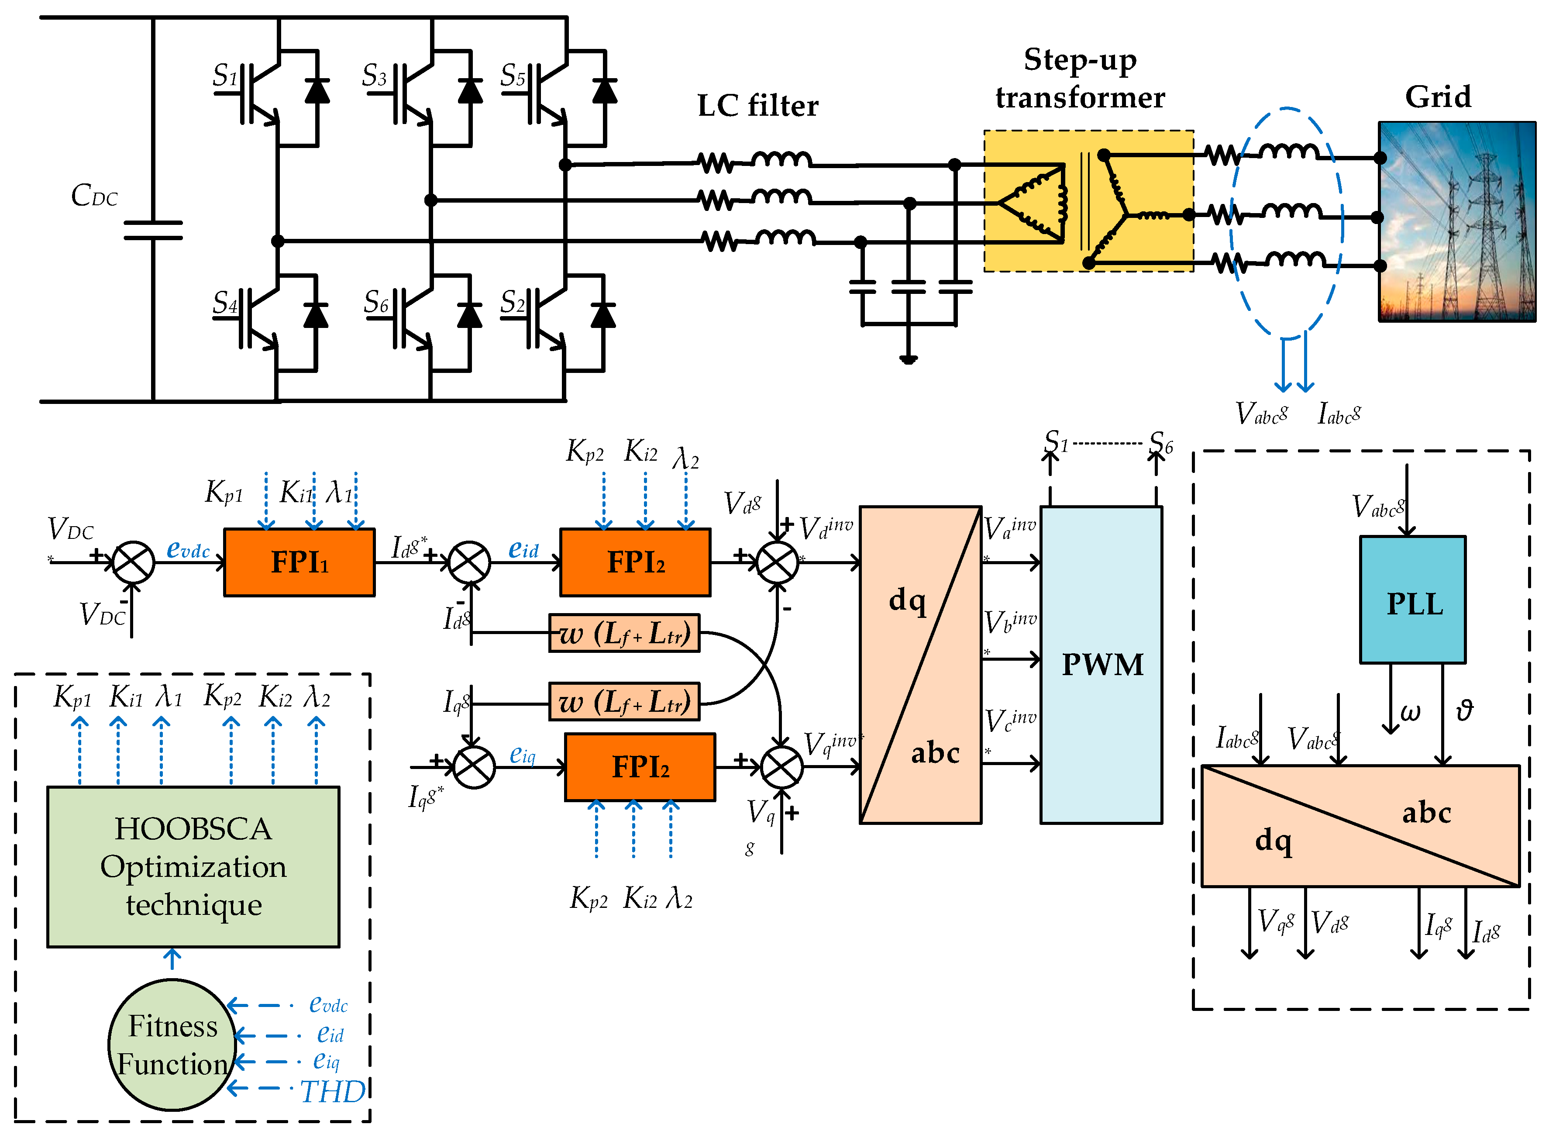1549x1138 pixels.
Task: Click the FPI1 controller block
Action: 299,562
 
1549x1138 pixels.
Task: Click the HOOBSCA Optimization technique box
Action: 193,866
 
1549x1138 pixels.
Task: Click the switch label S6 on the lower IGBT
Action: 376,302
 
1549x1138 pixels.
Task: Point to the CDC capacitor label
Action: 94,196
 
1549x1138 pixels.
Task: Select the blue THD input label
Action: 333,1092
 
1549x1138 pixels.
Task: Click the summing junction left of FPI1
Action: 133,562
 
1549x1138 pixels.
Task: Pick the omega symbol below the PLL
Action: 1410,712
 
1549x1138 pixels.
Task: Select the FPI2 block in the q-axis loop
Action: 640,767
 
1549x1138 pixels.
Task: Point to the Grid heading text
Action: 1438,97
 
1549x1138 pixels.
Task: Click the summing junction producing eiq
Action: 474,767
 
